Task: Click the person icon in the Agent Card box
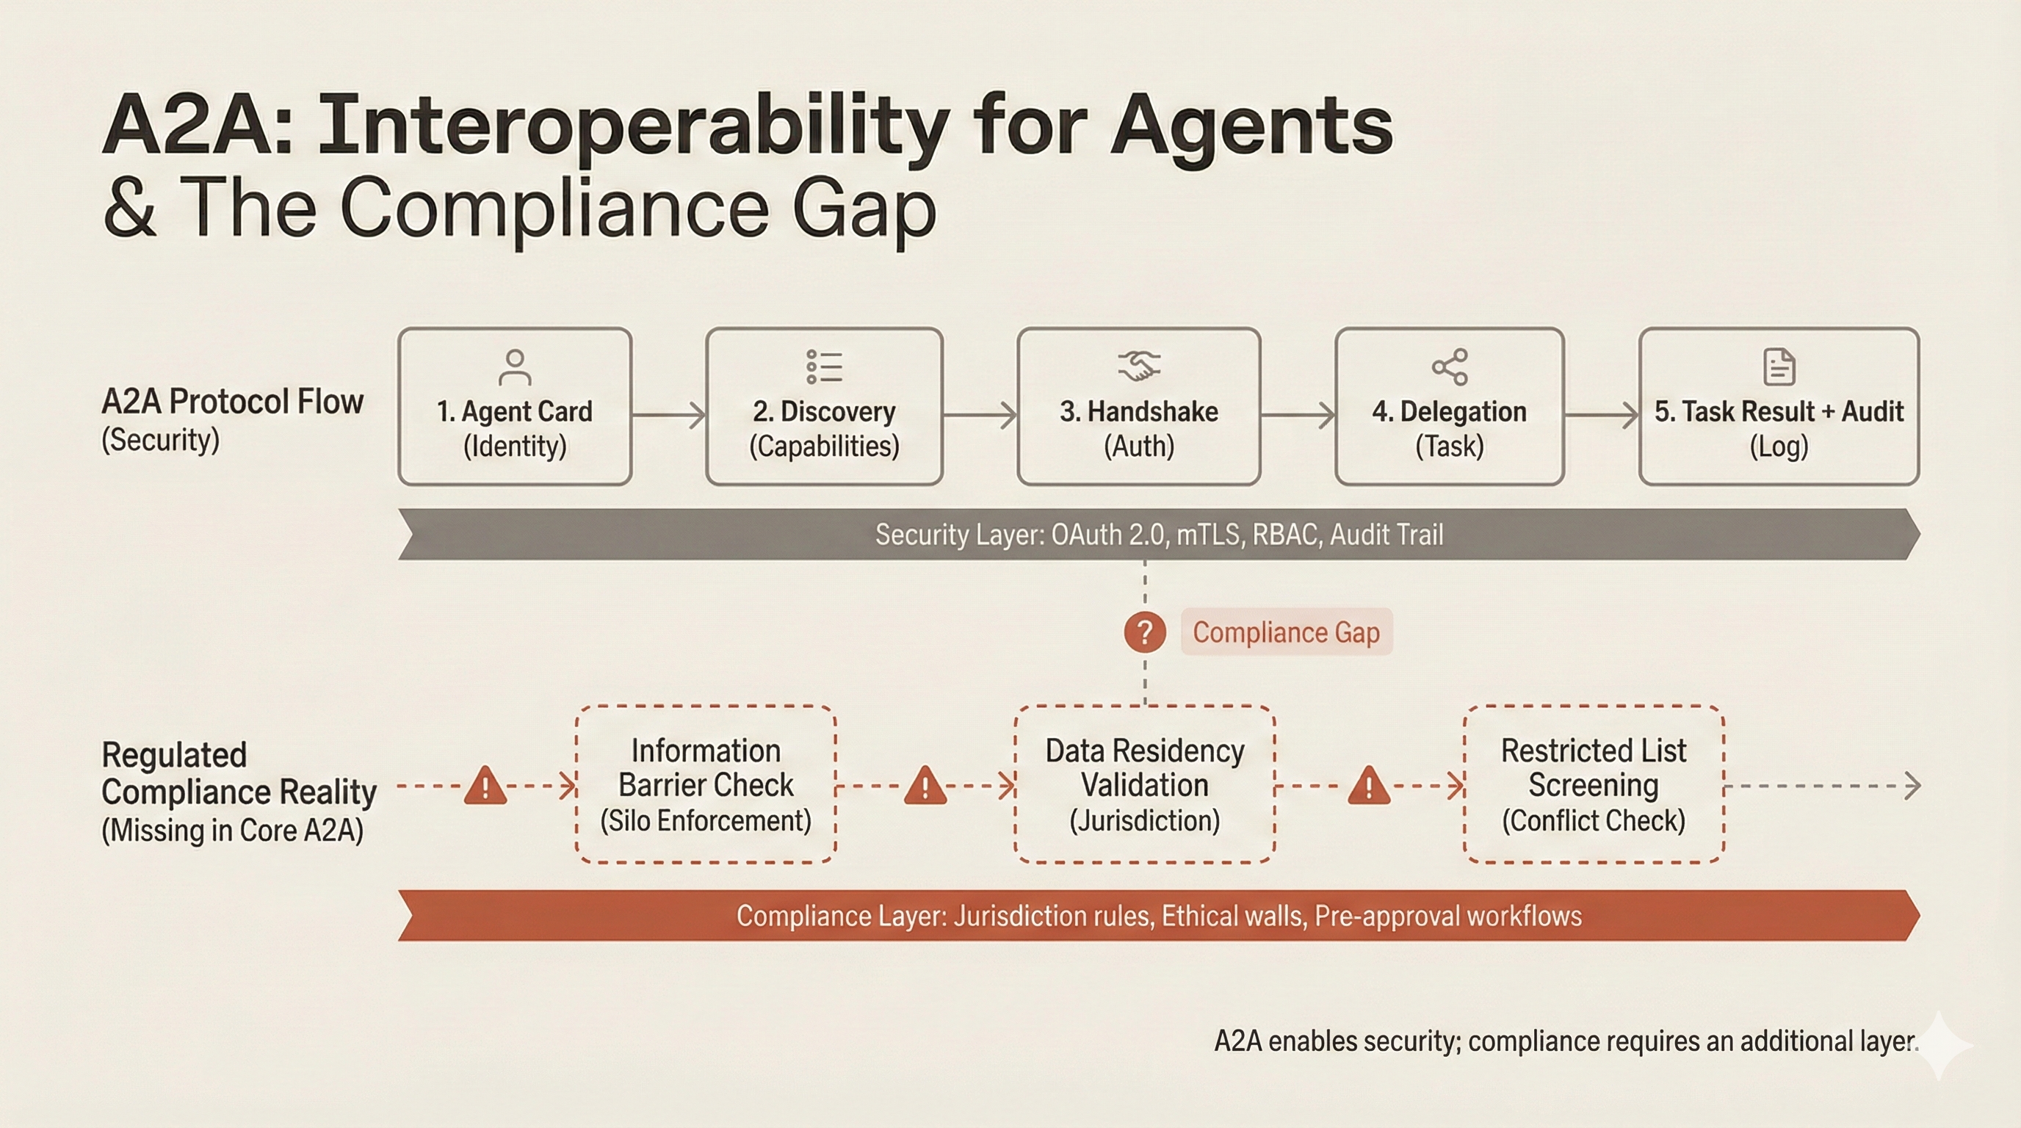click(x=515, y=367)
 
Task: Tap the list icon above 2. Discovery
click(x=824, y=367)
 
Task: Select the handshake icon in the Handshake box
click(x=1138, y=366)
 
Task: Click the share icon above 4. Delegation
click(x=1449, y=367)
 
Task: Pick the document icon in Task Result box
click(x=1779, y=367)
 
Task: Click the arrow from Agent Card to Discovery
click(x=668, y=415)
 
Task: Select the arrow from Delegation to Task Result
click(x=1601, y=415)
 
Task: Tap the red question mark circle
click(x=1145, y=632)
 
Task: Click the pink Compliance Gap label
click(x=1286, y=632)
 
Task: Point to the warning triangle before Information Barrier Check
click(x=485, y=786)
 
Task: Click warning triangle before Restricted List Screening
click(x=1369, y=786)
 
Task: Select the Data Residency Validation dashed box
click(x=1145, y=784)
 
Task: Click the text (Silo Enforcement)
click(x=705, y=821)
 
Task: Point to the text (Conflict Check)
click(x=1594, y=821)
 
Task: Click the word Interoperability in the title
click(x=634, y=126)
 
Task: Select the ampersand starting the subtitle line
click(x=129, y=208)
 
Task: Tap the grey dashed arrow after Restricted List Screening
click(x=1821, y=785)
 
